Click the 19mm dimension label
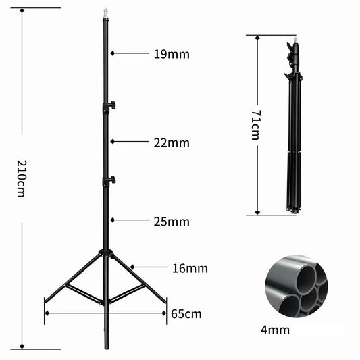(172, 54)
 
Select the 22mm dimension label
(172, 143)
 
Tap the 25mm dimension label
(172, 222)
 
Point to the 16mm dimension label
(190, 268)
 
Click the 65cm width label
(186, 314)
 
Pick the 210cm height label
(22, 179)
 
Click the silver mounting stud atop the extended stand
(105, 13)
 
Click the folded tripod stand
(292, 128)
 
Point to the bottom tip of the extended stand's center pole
(105, 346)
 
